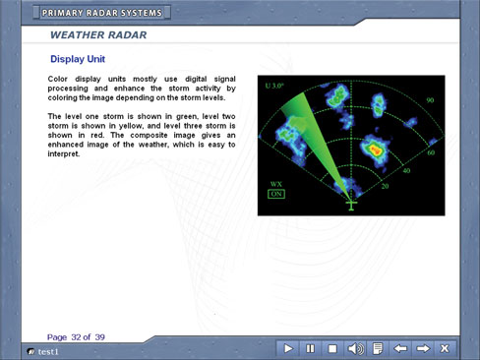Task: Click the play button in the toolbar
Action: coord(288,348)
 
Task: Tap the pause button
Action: coord(310,348)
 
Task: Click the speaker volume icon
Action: coord(355,348)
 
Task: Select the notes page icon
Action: coord(378,348)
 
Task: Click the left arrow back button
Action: coord(400,348)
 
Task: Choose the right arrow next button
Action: coord(423,348)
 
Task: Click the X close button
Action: coord(445,348)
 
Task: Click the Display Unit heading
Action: coord(78,59)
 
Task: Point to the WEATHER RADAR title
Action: coord(98,34)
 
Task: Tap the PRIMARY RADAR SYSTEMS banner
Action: coord(102,13)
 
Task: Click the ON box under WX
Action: coord(276,194)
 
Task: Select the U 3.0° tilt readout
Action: coord(274,86)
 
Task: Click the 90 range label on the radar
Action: coord(430,100)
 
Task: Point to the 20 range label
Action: coord(385,186)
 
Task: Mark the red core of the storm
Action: coord(376,150)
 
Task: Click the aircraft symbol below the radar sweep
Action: coord(351,206)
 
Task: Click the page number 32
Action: coord(76,337)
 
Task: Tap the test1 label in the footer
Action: coord(48,352)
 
